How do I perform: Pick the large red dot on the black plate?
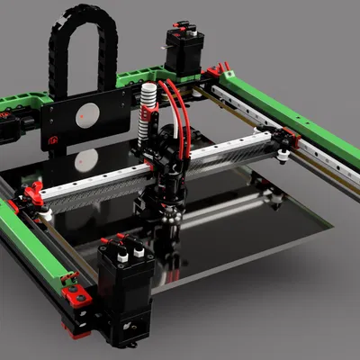[x=87, y=113]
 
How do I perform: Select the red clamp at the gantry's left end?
[x=33, y=193]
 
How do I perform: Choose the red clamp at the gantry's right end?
[x=289, y=139]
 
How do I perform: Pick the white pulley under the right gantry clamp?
[x=283, y=157]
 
